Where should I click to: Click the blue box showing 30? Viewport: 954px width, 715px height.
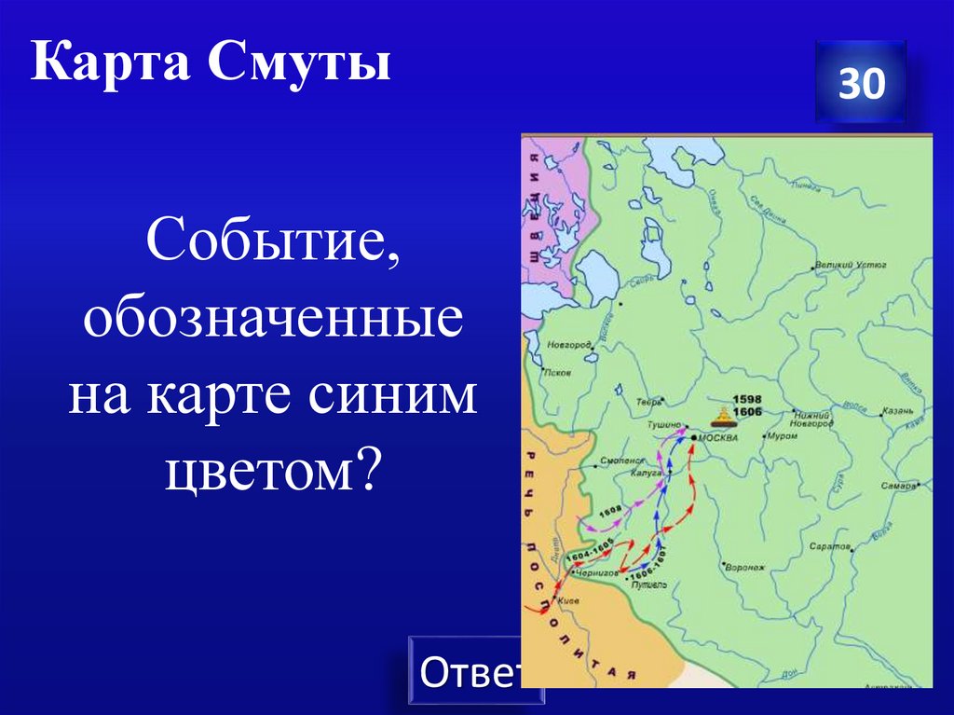click(860, 84)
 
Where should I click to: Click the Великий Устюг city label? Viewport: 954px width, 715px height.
click(850, 266)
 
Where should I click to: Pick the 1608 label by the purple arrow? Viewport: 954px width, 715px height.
click(610, 511)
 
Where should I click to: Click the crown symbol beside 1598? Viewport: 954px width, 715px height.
click(722, 415)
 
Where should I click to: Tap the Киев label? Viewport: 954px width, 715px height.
click(567, 601)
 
